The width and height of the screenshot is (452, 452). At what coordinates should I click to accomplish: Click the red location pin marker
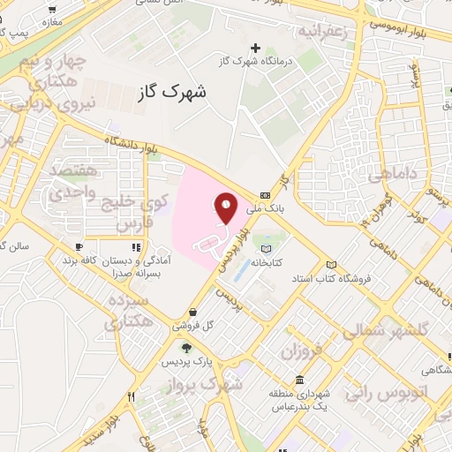226,208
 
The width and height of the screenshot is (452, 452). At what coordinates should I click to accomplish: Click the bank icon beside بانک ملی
266,196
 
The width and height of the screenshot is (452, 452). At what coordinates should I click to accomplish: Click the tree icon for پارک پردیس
185,348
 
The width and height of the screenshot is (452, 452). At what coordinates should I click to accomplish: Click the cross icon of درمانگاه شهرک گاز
256,48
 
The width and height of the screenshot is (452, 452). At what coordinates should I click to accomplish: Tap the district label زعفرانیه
329,33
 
